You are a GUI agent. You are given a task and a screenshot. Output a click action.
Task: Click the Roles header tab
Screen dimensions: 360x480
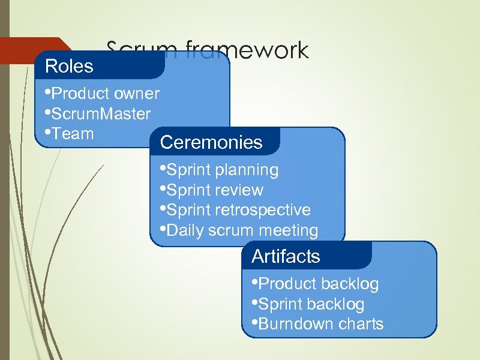70,66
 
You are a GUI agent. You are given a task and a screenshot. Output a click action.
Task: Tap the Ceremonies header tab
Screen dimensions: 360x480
211,142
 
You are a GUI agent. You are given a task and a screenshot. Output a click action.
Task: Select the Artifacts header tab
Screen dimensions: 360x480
286,257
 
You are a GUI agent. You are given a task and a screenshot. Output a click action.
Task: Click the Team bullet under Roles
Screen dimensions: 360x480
73,133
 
